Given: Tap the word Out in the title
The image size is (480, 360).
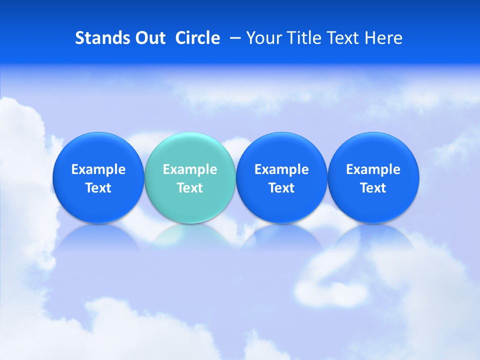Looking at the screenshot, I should click(149, 38).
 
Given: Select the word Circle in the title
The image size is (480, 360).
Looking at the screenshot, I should click(197, 38).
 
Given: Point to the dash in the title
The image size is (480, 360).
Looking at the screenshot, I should click(233, 38).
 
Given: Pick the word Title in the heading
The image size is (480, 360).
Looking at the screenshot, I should click(301, 38).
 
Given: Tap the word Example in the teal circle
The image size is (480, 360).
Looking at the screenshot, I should click(190, 169).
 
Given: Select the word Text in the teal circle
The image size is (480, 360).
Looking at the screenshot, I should click(190, 188).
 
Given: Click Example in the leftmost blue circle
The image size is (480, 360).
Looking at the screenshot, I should click(98, 169).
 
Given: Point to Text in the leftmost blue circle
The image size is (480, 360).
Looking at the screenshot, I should click(98, 188).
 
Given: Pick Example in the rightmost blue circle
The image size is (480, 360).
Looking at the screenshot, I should click(373, 169).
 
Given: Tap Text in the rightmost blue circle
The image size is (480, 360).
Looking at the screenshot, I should click(373, 188).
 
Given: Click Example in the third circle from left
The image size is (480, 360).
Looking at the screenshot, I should click(281, 169).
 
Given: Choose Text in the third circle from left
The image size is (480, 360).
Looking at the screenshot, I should click(281, 188).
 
